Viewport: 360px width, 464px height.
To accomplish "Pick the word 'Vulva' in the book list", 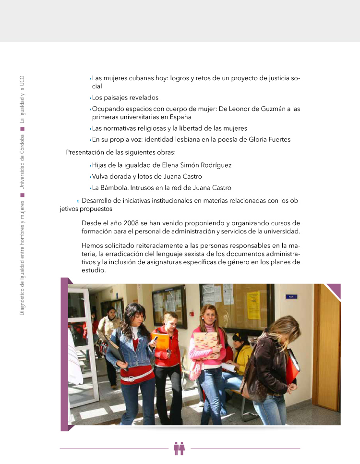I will point(100,176).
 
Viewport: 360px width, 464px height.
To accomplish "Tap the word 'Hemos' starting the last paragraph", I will point(92,245).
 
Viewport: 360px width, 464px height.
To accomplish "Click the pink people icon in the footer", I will point(180,448).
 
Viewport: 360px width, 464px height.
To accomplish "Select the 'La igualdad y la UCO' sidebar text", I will point(22,99).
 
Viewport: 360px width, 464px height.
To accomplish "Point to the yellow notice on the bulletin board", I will point(253,305).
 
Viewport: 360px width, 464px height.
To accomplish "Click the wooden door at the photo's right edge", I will point(328,346).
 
